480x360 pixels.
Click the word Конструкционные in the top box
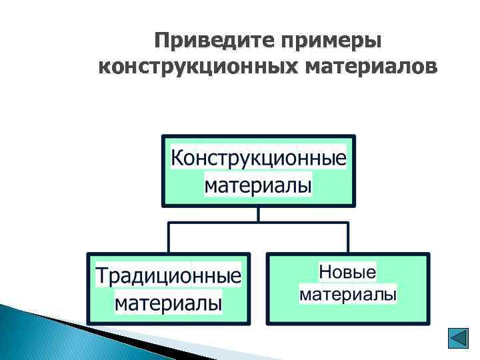[259, 159]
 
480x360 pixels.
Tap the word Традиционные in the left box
[168, 276]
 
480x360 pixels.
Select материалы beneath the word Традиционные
[168, 303]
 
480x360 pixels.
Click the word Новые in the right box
[347, 272]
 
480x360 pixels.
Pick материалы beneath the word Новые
[348, 294]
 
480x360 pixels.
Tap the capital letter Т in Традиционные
[101, 276]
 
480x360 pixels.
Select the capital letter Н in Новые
[325, 272]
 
